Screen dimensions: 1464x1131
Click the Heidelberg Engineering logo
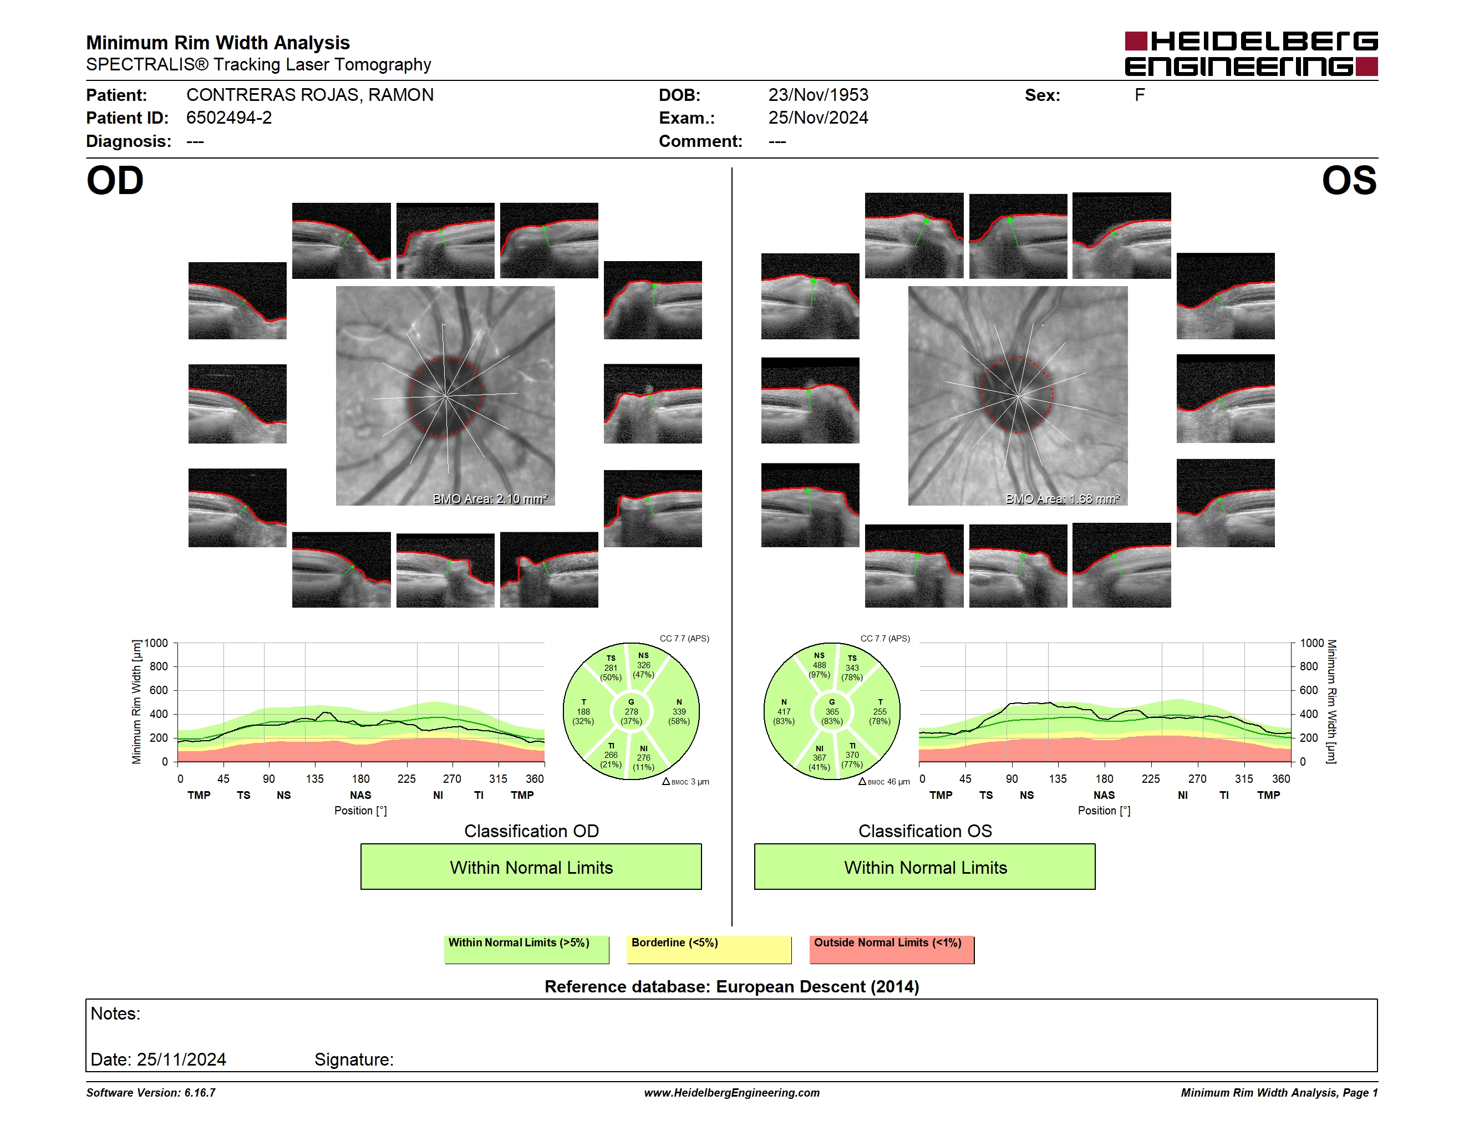1251,54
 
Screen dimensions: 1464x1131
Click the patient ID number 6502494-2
229,118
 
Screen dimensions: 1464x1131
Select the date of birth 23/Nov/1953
818,95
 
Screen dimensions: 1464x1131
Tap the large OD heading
115,181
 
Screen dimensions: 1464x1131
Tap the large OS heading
1349,181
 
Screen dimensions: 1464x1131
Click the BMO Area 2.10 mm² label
490,498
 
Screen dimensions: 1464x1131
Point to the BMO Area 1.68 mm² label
1063,498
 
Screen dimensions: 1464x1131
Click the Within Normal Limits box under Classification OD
531,867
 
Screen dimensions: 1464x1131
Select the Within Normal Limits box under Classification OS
925,867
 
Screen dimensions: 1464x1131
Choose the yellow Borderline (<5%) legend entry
709,949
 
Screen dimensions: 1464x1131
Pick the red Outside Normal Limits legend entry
892,949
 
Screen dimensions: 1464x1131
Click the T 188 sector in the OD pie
583,711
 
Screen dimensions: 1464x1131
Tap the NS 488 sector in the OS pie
819,665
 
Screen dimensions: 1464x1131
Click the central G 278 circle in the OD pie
631,711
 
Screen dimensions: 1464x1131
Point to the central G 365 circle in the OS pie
832,711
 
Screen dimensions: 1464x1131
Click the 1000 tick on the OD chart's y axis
155,643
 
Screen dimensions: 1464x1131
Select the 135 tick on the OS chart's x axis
1058,778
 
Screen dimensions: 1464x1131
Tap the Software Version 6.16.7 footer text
151,1093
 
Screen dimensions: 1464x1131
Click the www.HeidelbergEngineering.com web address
732,1093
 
